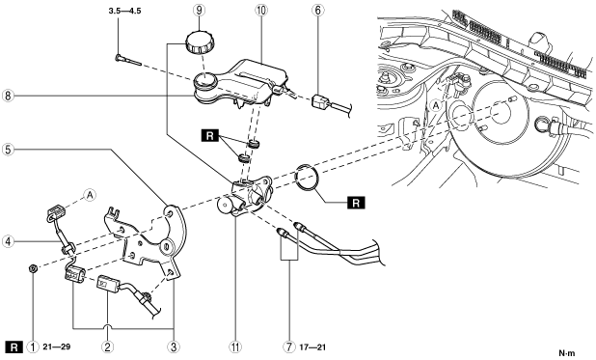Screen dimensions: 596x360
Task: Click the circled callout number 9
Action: click(x=200, y=11)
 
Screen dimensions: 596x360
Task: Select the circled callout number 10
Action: click(x=260, y=11)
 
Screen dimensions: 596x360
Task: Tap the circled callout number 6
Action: click(x=317, y=11)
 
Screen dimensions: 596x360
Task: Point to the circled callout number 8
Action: click(x=8, y=96)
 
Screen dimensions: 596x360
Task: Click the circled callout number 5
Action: click(x=8, y=150)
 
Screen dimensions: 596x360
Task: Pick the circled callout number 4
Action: click(x=8, y=241)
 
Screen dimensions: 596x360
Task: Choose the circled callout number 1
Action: click(x=33, y=347)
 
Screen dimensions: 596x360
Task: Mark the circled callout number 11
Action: click(x=235, y=347)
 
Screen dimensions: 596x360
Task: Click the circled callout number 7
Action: click(x=289, y=347)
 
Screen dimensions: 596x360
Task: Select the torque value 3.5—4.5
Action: click(x=124, y=11)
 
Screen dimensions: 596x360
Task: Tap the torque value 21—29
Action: click(x=57, y=347)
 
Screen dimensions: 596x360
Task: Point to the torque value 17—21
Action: click(x=312, y=347)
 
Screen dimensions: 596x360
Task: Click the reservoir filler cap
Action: click(x=201, y=42)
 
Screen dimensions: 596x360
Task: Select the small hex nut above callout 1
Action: click(x=33, y=268)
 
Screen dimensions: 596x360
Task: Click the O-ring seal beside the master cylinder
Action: click(x=307, y=177)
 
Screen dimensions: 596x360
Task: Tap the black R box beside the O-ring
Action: click(x=356, y=203)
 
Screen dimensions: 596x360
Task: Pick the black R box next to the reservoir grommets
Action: click(x=210, y=135)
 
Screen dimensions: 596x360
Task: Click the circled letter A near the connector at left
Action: click(x=90, y=195)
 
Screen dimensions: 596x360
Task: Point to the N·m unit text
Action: click(x=567, y=353)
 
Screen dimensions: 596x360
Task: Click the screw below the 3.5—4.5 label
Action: click(x=128, y=61)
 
